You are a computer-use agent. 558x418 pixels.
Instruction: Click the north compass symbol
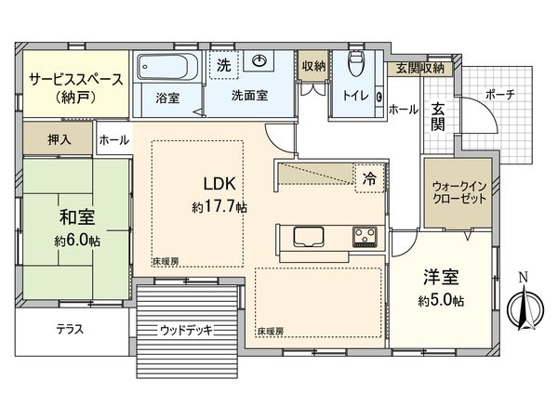(x=524, y=303)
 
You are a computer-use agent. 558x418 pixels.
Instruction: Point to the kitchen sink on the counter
(x=308, y=236)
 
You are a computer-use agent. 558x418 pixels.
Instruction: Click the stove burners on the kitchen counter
(x=365, y=237)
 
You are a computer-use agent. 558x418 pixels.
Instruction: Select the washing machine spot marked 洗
(x=224, y=65)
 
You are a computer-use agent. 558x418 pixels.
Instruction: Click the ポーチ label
(x=498, y=96)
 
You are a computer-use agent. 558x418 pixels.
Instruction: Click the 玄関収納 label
(x=420, y=68)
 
